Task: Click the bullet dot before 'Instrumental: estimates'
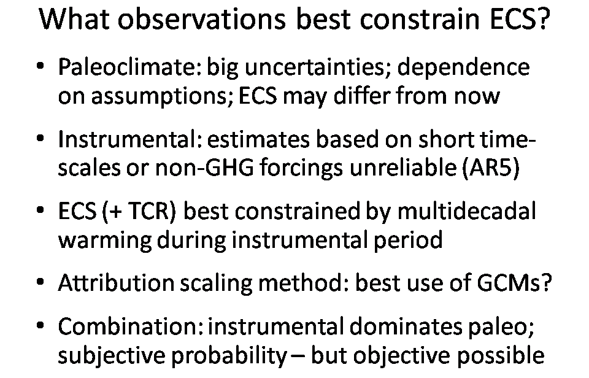(x=40, y=139)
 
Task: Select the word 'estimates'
(x=258, y=139)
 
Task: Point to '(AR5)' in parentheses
(x=490, y=168)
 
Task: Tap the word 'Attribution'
(x=116, y=282)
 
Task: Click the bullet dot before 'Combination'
(x=40, y=325)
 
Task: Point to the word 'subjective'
(x=111, y=355)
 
